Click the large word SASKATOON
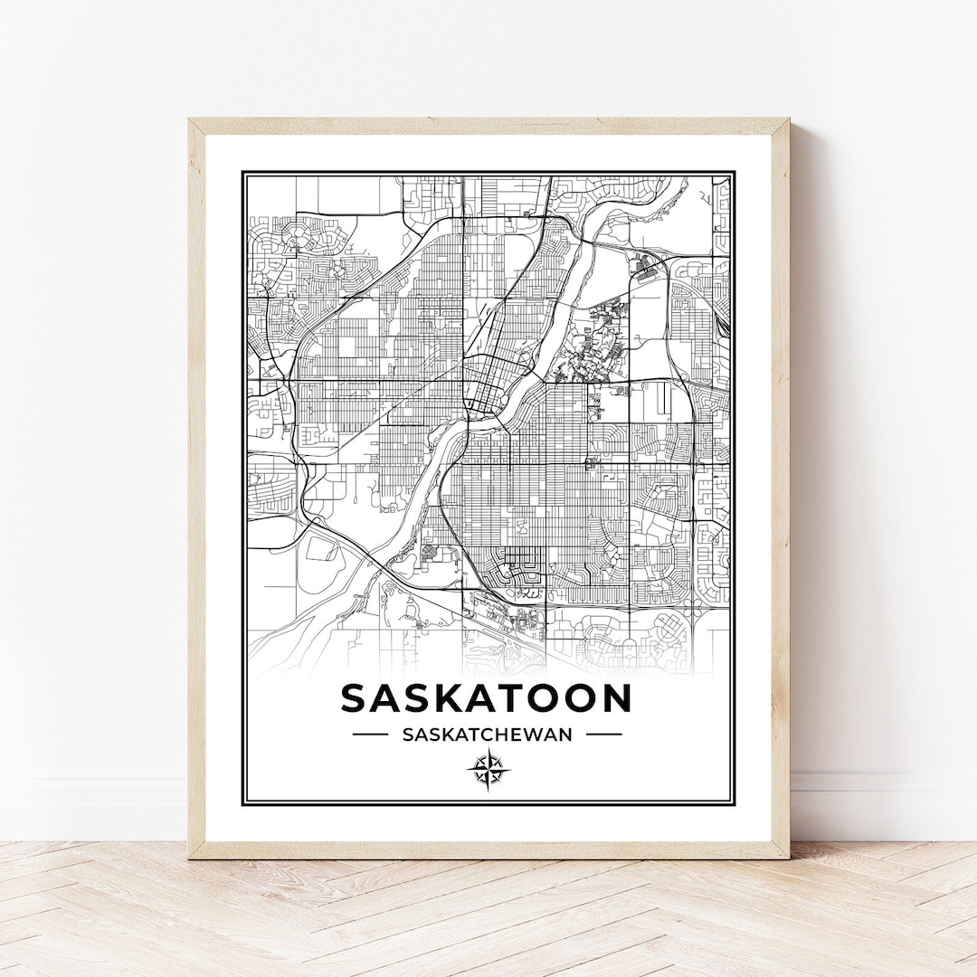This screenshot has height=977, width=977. click(x=487, y=698)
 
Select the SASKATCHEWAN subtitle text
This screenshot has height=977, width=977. click(x=487, y=735)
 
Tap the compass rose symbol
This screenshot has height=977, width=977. click(x=488, y=771)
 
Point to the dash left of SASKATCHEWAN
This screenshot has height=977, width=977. click(x=370, y=735)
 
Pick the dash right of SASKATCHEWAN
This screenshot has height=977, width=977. click(x=604, y=735)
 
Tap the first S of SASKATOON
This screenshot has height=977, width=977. click(x=356, y=698)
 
